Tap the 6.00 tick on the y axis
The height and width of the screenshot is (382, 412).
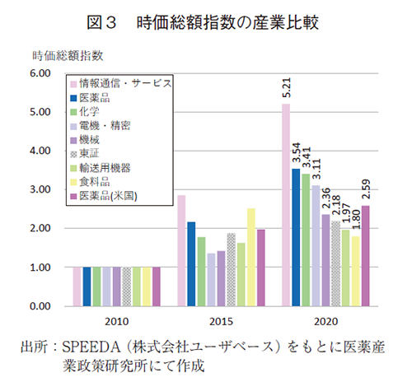[x=39, y=74]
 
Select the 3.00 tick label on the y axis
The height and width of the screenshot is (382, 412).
[x=39, y=190]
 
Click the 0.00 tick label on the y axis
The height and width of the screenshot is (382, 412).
[x=39, y=306]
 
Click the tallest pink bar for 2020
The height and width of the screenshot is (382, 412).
[x=286, y=205]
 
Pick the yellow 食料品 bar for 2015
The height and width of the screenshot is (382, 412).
[x=250, y=257]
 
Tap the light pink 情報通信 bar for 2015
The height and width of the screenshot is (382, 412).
[x=181, y=250]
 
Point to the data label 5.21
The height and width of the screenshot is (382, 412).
[x=286, y=89]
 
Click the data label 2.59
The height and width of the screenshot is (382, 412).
[x=365, y=189]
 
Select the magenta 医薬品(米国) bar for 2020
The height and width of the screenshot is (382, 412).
[x=365, y=255]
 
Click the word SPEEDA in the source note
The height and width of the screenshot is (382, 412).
[x=86, y=346]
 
